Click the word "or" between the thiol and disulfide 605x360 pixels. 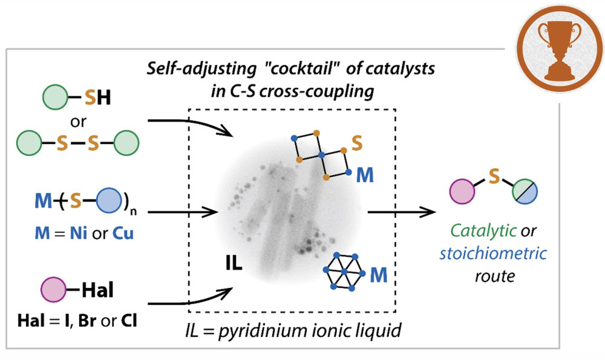click(77, 122)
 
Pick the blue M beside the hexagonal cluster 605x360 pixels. click(379, 275)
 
